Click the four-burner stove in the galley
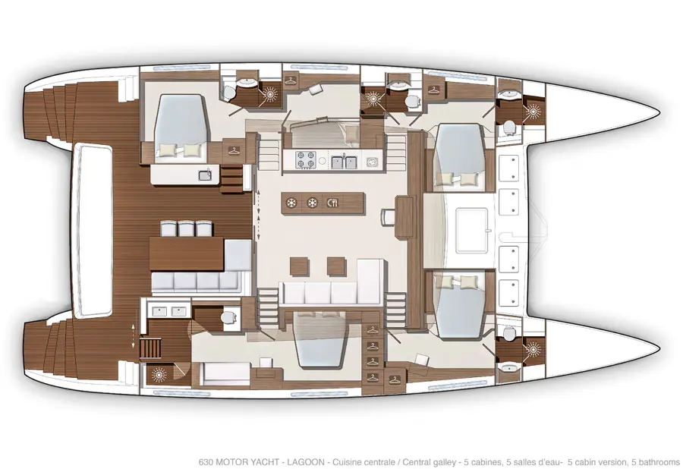(x=305, y=160)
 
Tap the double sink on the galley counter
(x=344, y=162)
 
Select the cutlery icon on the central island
(x=332, y=203)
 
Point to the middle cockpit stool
(x=186, y=228)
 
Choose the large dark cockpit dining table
(x=187, y=254)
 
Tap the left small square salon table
(x=299, y=266)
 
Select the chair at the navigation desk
(x=388, y=217)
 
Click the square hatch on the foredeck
(x=472, y=231)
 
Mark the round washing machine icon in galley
(x=371, y=162)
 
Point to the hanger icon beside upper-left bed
(x=234, y=151)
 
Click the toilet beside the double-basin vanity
(x=228, y=317)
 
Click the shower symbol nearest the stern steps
(x=158, y=374)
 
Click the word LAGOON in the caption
(x=305, y=462)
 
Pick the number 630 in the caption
(x=206, y=462)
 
